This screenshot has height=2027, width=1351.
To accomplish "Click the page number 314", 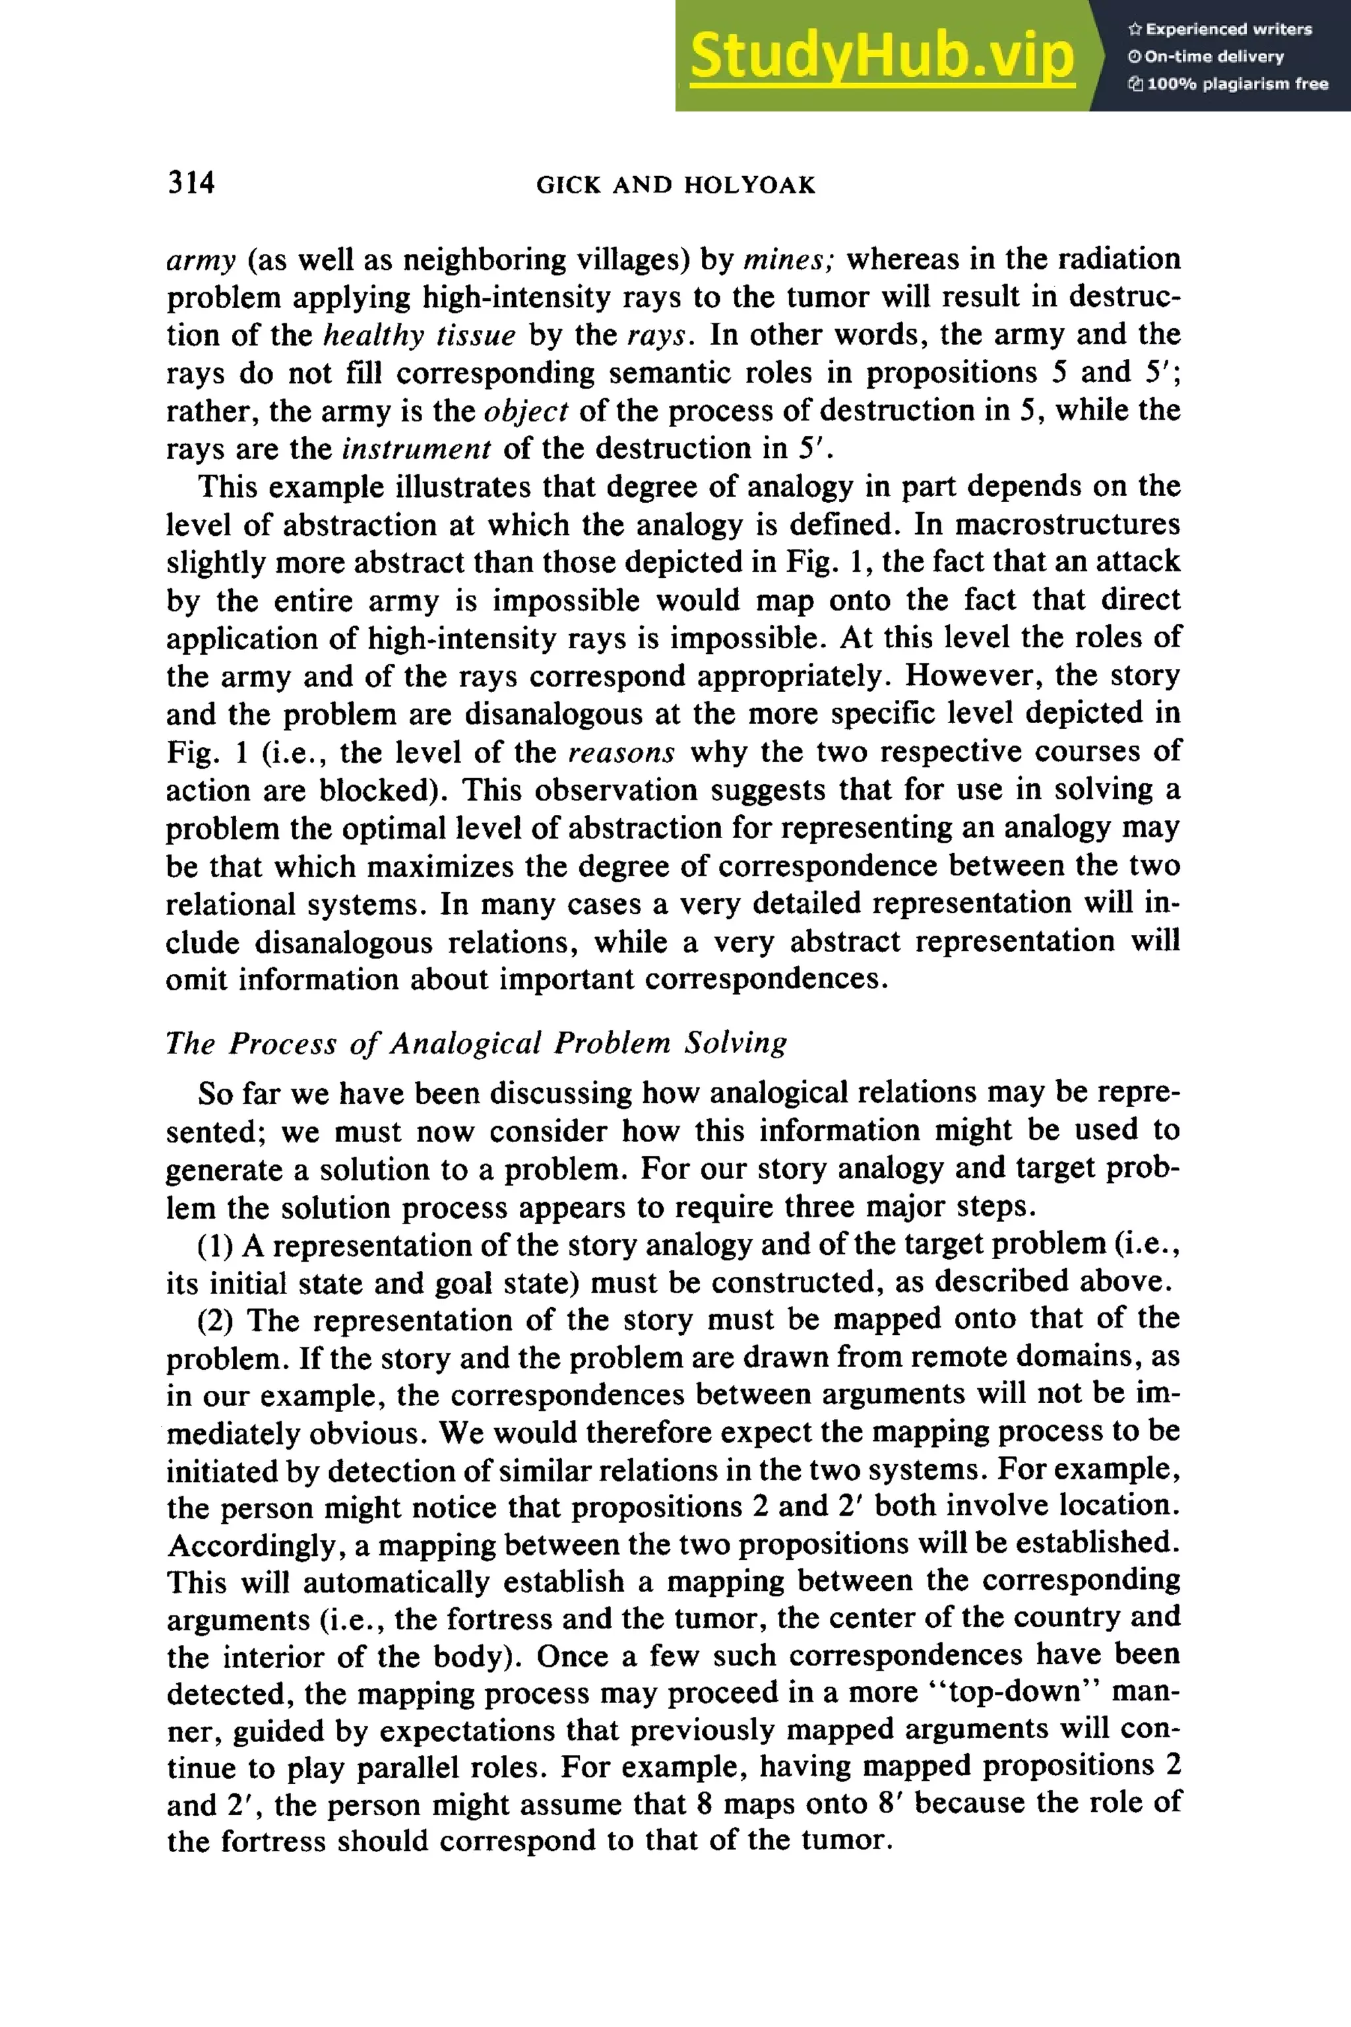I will [191, 182].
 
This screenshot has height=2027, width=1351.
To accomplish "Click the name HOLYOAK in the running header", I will [749, 185].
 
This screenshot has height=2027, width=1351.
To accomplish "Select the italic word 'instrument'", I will [416, 449].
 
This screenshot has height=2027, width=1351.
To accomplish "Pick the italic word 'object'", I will [526, 411].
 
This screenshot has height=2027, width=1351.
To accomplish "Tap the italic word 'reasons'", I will [621, 752].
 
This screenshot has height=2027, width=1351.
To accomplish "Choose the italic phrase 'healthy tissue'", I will [419, 335].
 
